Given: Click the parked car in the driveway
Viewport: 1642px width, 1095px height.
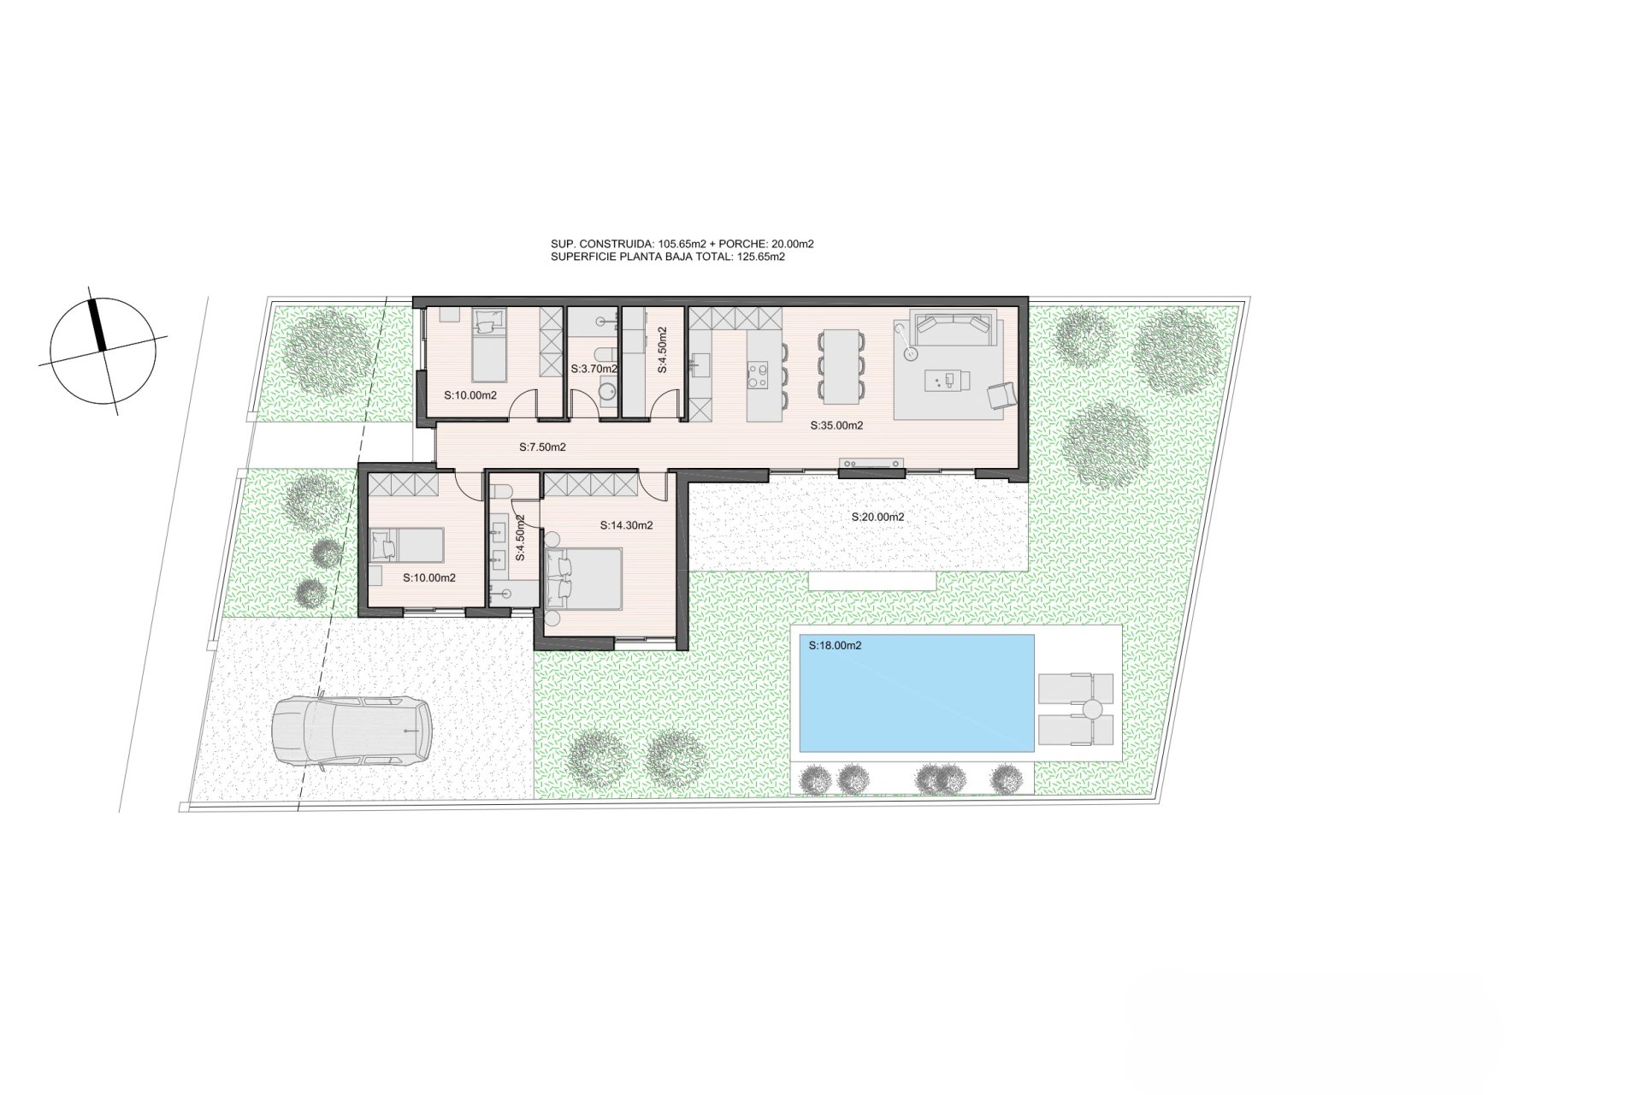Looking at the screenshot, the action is coord(351,731).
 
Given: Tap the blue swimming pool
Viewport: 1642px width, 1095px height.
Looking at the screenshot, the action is coord(916,693).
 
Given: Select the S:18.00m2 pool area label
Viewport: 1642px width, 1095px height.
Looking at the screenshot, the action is coord(835,646).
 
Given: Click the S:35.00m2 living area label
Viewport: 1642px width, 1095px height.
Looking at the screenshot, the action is coord(836,425).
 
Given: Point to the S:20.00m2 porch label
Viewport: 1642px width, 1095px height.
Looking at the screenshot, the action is coord(877,517).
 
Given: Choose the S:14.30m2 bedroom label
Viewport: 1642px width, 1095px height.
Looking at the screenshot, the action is coord(626,525).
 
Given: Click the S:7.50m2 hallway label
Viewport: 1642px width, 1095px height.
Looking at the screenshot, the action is coord(542,447).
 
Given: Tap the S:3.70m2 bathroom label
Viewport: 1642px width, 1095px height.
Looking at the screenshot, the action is coord(594,369).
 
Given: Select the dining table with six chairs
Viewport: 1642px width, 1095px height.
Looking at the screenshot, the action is coord(841,366).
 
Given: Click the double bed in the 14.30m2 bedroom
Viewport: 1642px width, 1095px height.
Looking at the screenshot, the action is coord(583,579).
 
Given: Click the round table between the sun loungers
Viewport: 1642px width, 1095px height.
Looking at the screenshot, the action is coord(1092,709).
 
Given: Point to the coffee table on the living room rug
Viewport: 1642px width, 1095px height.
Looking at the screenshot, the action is coord(948,380).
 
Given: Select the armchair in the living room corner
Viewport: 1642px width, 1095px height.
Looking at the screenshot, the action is coord(1001,396).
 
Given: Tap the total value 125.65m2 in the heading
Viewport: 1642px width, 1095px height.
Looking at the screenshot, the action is coord(761,257).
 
